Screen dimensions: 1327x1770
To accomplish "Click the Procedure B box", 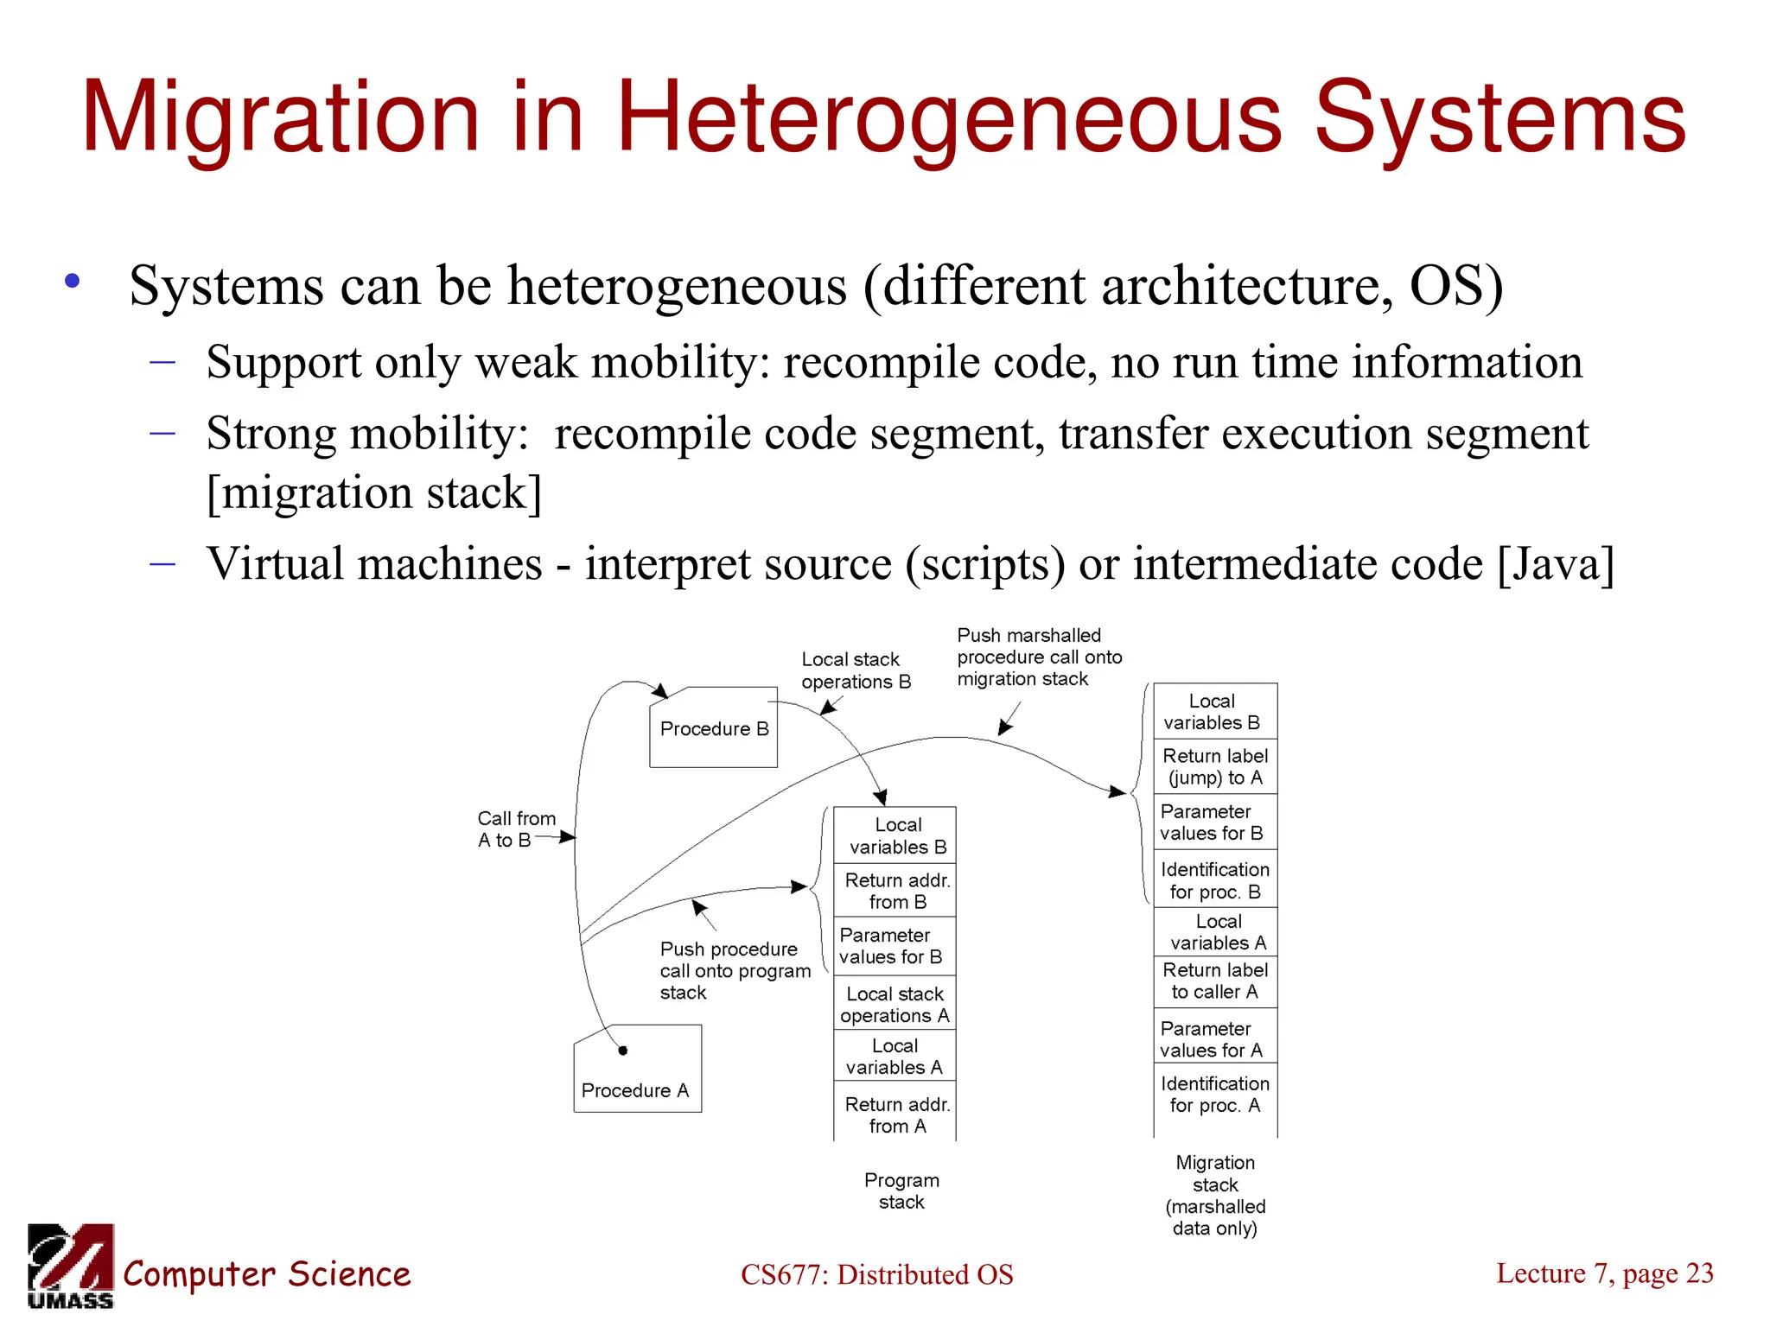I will (x=713, y=728).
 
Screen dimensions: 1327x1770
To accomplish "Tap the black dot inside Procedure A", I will (x=622, y=1051).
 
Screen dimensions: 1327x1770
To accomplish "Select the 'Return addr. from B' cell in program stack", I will (x=896, y=891).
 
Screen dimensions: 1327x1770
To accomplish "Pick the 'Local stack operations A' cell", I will (x=895, y=1005).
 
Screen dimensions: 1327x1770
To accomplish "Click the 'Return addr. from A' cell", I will (x=896, y=1114).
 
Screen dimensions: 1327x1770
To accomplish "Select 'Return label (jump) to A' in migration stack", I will (x=1214, y=766).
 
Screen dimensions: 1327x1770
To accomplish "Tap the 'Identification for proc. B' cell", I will (x=1214, y=880).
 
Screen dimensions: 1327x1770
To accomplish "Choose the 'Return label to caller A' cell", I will (x=1214, y=981).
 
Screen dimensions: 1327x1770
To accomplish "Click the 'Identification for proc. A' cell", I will (x=1214, y=1094).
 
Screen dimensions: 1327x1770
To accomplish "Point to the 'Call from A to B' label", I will (x=515, y=829).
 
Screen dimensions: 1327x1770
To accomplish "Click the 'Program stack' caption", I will (x=901, y=1190).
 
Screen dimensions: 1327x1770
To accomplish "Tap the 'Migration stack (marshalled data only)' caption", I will (x=1214, y=1195).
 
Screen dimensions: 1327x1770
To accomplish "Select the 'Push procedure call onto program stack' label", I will (x=735, y=970).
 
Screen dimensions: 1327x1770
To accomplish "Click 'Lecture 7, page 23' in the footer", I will (x=1604, y=1273).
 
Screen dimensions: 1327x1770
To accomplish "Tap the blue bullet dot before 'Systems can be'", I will (x=73, y=281).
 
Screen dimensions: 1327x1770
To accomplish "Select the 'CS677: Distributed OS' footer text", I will (x=876, y=1274).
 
